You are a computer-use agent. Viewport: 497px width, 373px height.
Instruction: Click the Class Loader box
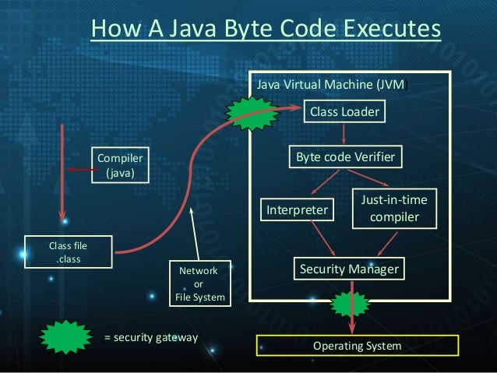344,113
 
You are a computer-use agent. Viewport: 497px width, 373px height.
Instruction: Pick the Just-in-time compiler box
394,209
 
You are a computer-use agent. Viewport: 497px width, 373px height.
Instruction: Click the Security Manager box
349,269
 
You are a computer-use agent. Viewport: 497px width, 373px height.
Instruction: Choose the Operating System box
358,345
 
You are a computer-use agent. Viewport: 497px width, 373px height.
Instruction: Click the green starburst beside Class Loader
251,112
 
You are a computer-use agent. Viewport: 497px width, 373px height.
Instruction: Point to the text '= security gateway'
151,338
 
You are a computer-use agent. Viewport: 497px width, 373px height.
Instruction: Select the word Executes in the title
382,29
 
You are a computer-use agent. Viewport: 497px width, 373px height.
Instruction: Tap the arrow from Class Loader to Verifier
344,135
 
